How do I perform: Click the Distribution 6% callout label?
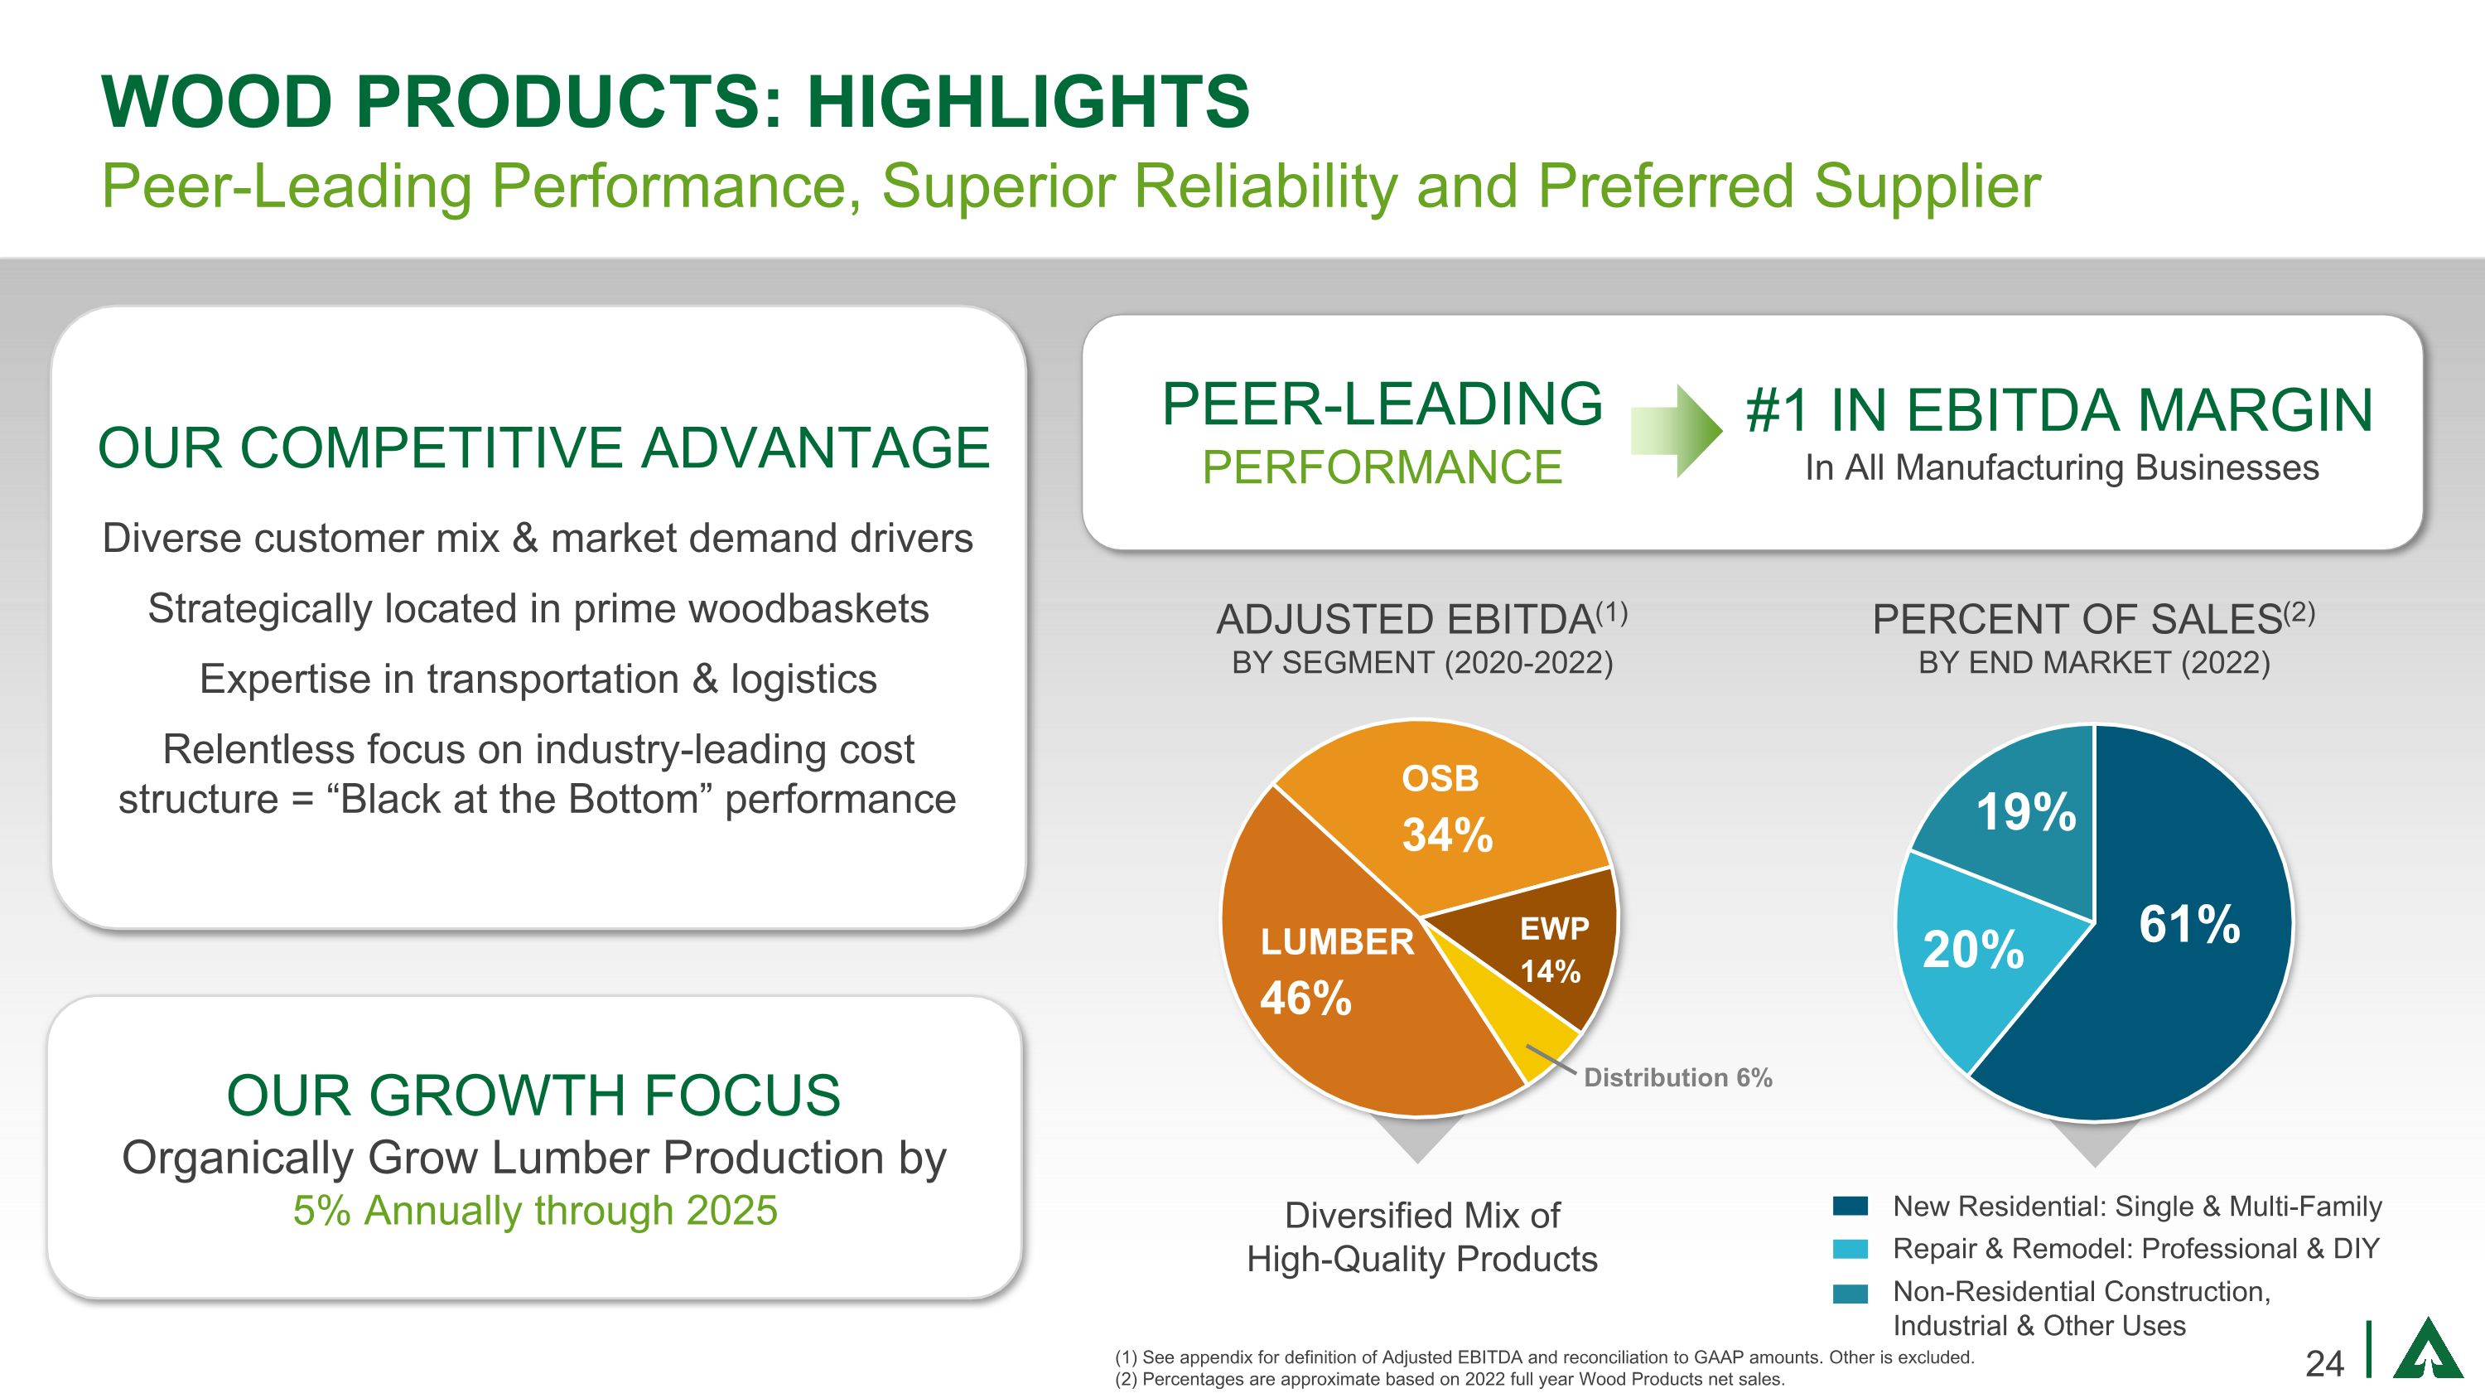1677,1076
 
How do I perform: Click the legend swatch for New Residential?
1850,1206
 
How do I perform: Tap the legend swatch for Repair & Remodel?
1850,1249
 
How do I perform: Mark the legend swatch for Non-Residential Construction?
1850,1293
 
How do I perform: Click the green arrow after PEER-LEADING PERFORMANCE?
1676,431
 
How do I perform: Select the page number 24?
2325,1363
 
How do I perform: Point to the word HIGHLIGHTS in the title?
1027,101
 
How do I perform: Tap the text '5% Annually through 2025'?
535,1210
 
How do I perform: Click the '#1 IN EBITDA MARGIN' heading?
2059,410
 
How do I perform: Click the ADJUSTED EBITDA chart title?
1421,619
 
